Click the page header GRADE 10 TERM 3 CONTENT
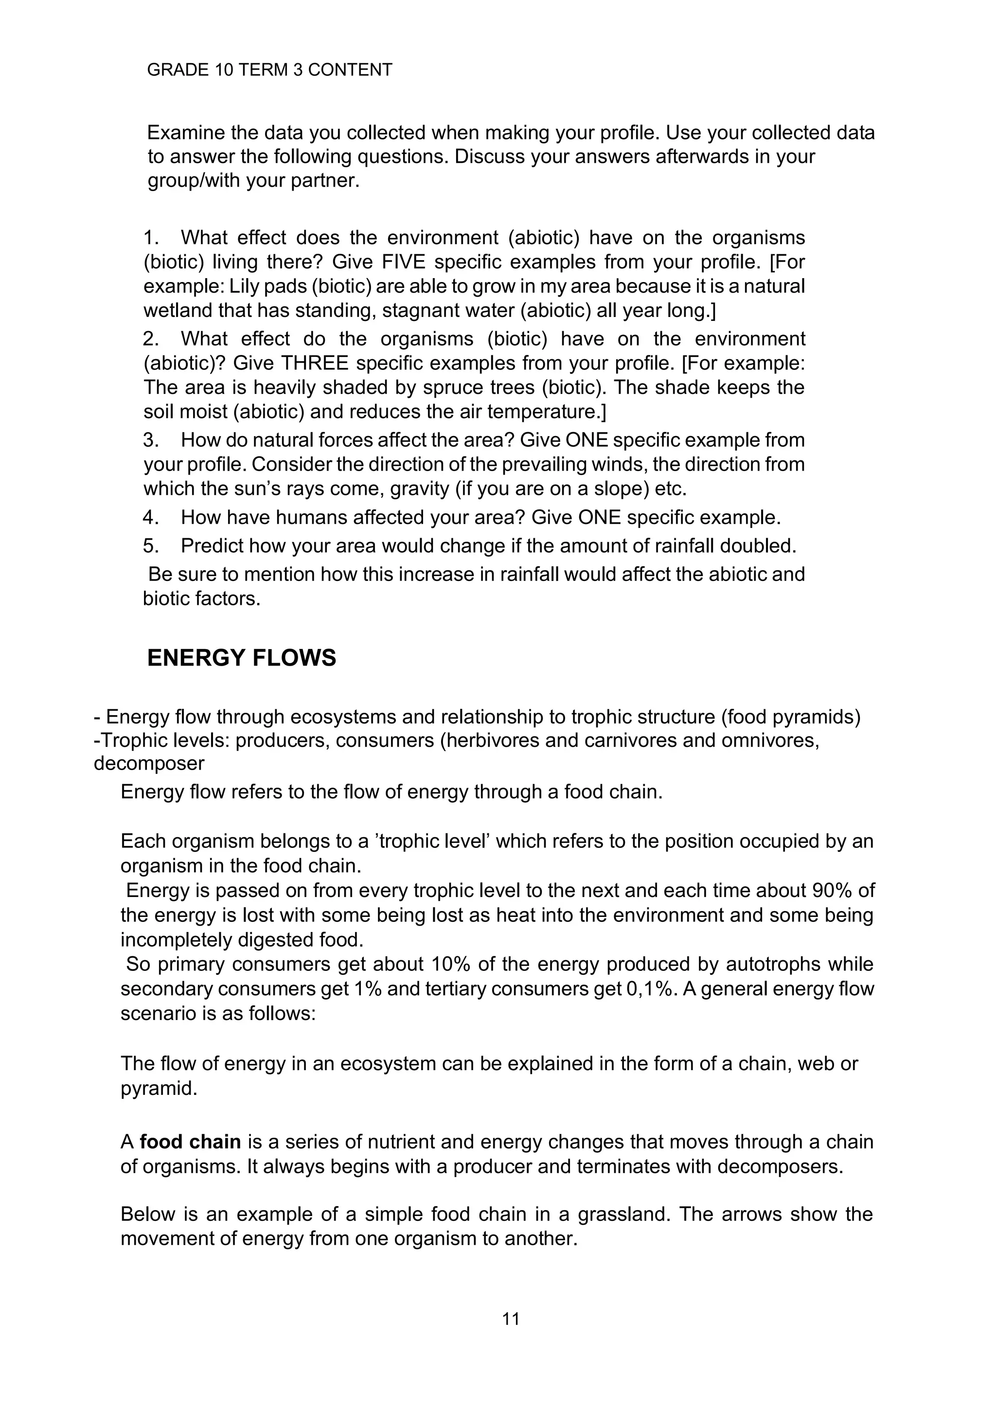269,70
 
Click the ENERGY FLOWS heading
242,658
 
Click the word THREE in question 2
315,363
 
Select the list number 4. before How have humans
151,518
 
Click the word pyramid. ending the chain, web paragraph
159,1089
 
